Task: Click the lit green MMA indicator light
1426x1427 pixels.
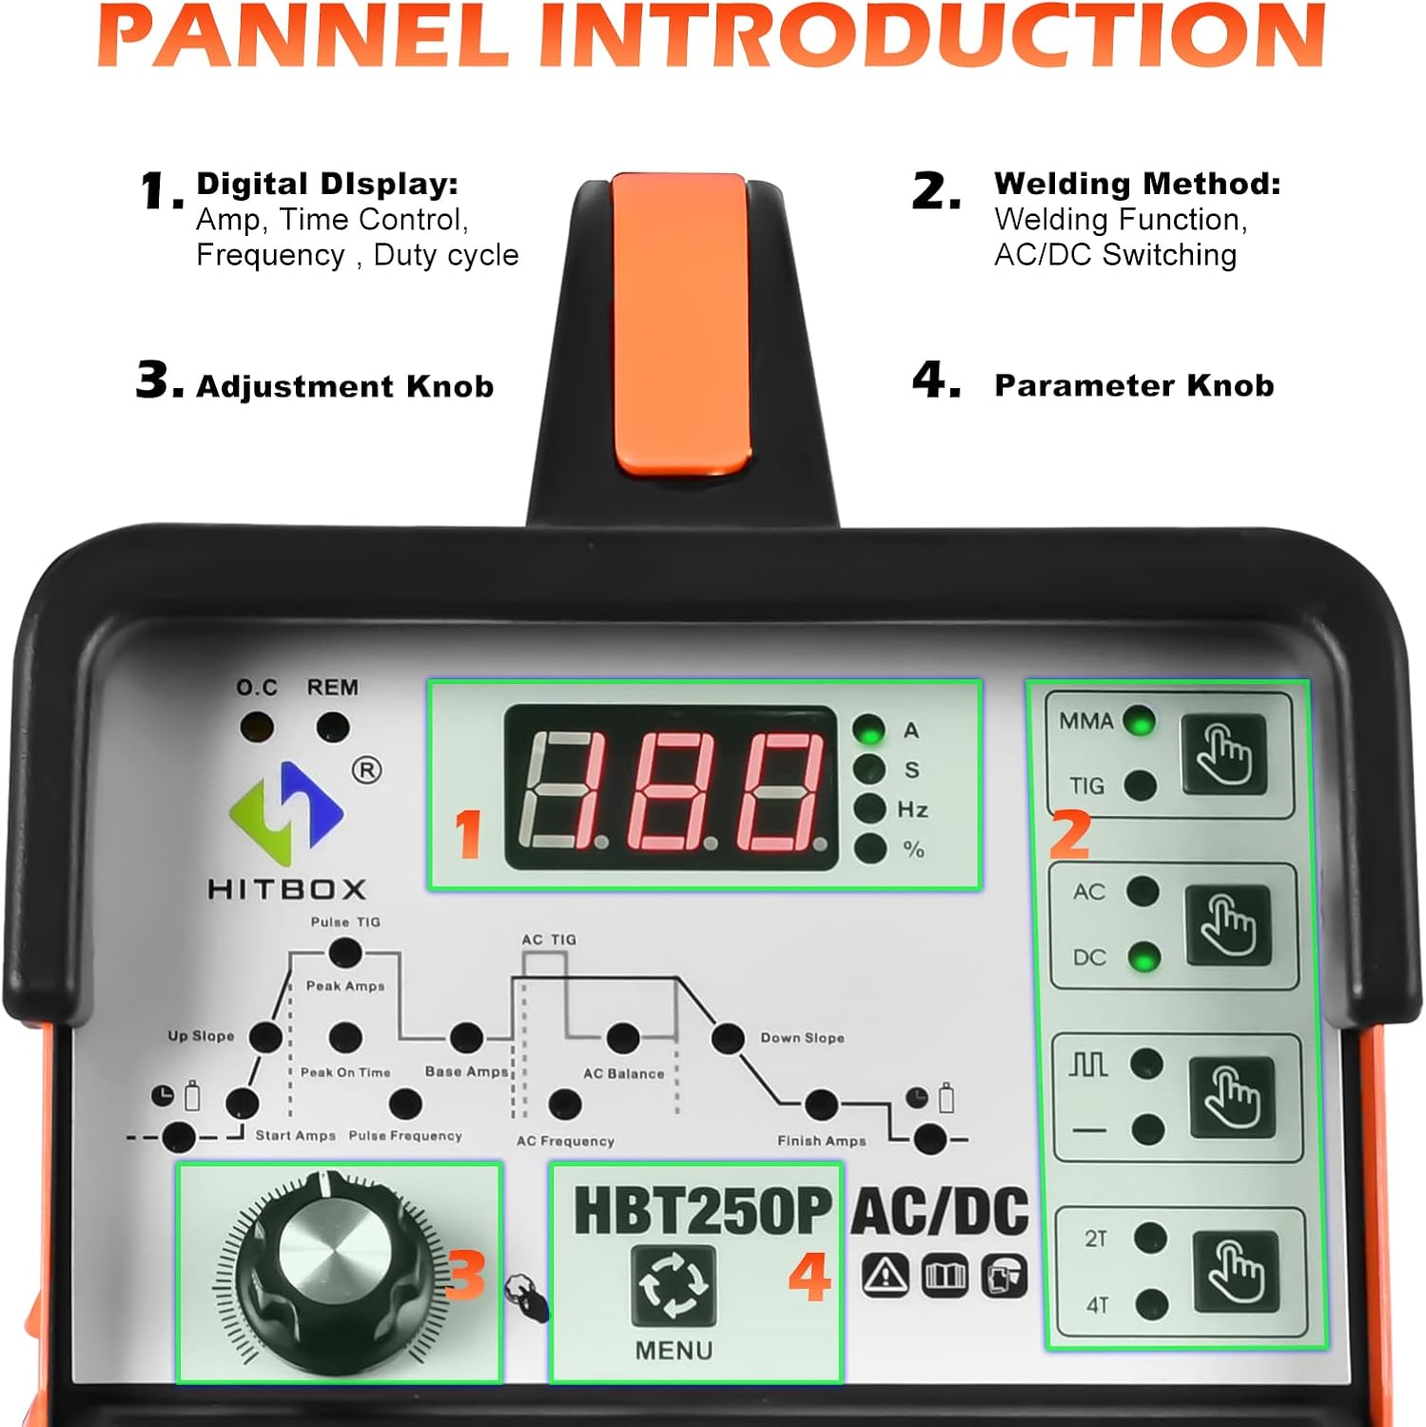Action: click(1139, 721)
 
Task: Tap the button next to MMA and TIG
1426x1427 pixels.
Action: click(1223, 754)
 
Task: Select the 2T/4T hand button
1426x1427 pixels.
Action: click(1236, 1271)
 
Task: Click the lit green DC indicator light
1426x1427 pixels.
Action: click(1144, 957)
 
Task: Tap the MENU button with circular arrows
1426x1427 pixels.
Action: click(674, 1285)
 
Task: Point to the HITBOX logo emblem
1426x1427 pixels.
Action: click(286, 806)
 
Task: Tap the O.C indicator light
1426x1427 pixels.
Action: click(256, 728)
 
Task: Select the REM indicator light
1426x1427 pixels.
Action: click(332, 728)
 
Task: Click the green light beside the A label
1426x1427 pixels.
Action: click(869, 730)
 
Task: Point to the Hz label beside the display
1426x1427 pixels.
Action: click(912, 810)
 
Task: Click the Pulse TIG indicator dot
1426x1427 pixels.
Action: click(344, 952)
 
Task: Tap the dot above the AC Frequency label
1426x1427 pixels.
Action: click(565, 1104)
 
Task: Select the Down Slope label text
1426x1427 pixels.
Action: click(802, 1038)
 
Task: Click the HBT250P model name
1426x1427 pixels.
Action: click(703, 1211)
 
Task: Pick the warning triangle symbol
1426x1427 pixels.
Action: click(886, 1275)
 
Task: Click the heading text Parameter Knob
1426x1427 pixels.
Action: click(1134, 385)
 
